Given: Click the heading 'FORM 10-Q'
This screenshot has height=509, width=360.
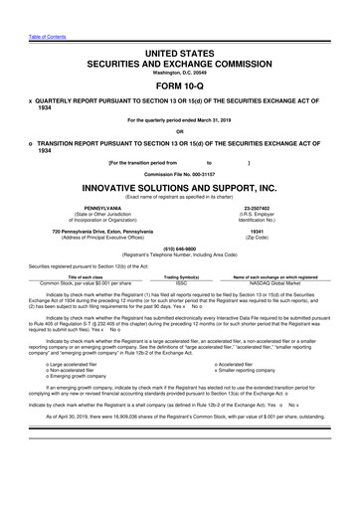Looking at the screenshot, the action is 179,86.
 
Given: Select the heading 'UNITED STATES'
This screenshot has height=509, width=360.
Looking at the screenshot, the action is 179,51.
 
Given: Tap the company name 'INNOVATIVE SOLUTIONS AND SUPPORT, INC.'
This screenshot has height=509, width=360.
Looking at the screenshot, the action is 179,188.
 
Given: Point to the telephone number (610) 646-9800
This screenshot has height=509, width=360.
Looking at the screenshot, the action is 179,249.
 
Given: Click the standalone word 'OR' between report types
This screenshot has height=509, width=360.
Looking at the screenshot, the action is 179,131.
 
